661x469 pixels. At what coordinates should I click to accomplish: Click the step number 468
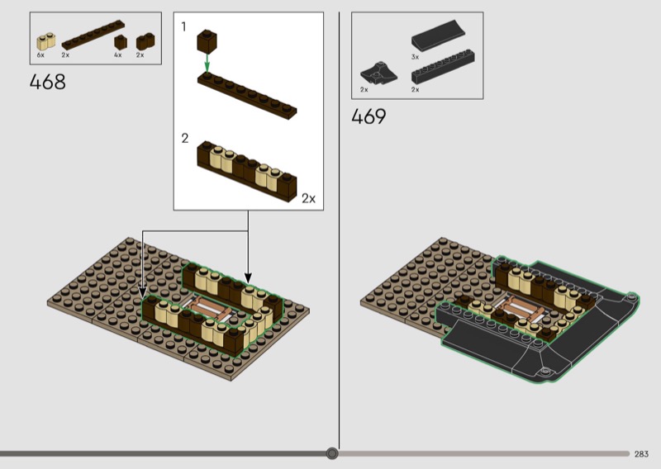click(x=48, y=82)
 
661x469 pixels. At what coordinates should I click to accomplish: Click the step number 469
click(x=369, y=116)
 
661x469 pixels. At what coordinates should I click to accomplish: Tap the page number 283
click(x=641, y=454)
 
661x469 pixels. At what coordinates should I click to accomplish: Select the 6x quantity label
click(x=40, y=55)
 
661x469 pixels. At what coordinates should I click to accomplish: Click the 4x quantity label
click(x=117, y=55)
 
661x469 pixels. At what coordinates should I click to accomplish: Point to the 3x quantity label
click(x=416, y=57)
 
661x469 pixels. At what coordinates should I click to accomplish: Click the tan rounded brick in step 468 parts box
click(x=46, y=41)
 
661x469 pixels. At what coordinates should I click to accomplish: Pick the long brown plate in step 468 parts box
click(x=93, y=35)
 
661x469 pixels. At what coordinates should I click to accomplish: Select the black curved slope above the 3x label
click(x=439, y=35)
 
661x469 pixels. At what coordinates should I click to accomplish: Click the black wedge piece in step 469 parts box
click(x=378, y=73)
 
